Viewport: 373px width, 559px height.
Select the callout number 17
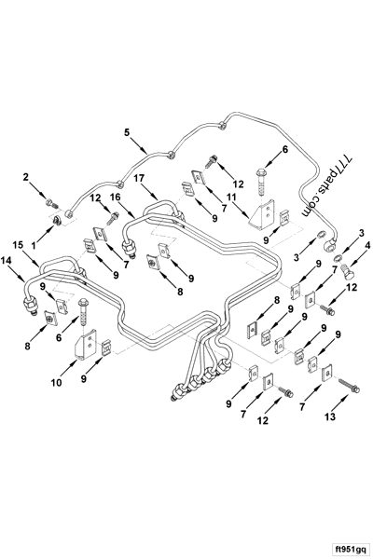[137, 178]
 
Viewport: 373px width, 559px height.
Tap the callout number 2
[27, 176]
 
